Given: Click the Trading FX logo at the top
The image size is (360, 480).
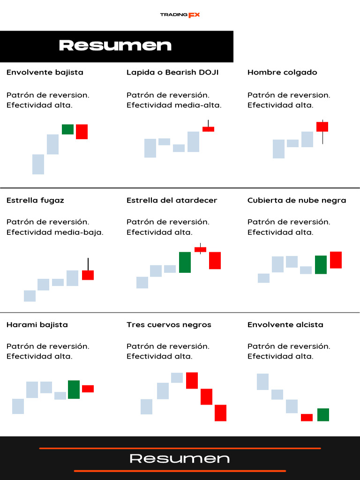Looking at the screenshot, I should coord(180,15).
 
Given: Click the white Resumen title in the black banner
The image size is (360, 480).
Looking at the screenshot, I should coord(115,45).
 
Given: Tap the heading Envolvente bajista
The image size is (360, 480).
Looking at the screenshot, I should coord(45,72).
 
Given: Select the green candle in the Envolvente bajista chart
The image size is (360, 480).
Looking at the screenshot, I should coord(67,129).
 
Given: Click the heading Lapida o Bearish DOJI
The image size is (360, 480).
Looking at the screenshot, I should coord(172,72).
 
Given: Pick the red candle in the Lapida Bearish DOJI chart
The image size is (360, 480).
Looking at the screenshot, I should coord(208,129).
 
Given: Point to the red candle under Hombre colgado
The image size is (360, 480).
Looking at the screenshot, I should coord(322,127).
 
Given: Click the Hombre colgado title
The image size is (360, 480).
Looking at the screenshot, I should coord(282,72).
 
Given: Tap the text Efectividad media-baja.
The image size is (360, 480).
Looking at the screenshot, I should coord(55,232).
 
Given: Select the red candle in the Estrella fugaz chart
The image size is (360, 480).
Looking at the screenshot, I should coord(88,275).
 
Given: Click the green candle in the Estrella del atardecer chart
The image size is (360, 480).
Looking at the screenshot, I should coord(185,262).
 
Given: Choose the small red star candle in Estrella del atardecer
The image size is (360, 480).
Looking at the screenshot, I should coord(200,249).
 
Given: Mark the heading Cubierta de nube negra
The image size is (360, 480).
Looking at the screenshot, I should coord(297,200).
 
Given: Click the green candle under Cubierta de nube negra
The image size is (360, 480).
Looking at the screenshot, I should coord(321,264).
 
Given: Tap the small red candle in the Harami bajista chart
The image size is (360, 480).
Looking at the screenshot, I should coord(88,389).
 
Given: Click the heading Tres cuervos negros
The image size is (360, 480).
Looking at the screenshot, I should coord(169,324).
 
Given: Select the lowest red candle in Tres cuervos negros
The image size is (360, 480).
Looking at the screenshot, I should coord(220,413).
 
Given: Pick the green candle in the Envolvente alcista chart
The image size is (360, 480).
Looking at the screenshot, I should coord(323,414).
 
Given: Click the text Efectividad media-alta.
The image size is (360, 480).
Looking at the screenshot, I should coord(174,105).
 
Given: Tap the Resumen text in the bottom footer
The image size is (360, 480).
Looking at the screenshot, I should coord(180,458).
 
